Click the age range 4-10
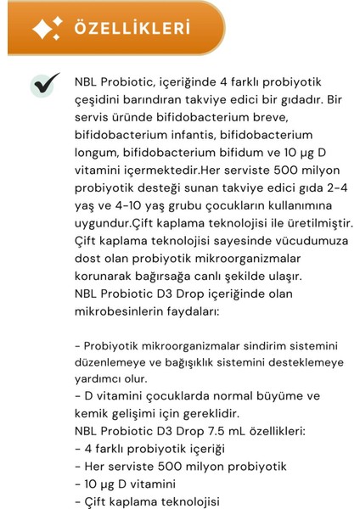point(132,211)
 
